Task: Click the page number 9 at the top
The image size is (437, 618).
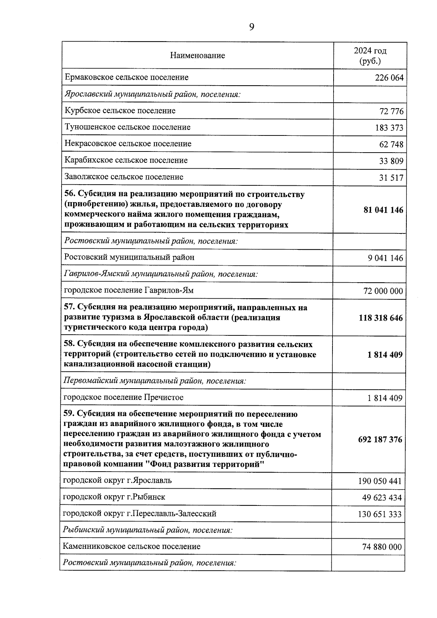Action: coord(252,27)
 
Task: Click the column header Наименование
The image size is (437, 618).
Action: coord(197,56)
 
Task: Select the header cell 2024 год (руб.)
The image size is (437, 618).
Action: coord(370,56)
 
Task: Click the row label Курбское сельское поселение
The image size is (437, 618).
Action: coord(120,111)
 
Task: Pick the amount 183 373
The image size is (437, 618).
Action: coord(389,128)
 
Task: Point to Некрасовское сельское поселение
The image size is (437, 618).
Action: coord(128,144)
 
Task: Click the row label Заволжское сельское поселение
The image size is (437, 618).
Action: coord(124,177)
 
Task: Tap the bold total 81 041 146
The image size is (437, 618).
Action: coord(383,210)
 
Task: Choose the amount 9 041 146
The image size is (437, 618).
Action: coord(385,258)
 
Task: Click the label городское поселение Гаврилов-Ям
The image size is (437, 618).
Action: coord(129,291)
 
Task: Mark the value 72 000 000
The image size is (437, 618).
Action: coord(383,291)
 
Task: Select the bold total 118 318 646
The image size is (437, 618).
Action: coord(381,318)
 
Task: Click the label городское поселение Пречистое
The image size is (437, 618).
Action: coord(123,397)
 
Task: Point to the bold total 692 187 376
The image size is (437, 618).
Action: coord(380,440)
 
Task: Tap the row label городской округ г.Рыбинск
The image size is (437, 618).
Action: coord(114,497)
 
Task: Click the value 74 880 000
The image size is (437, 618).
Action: coord(382,547)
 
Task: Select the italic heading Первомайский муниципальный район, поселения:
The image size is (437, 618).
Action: coord(155,381)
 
